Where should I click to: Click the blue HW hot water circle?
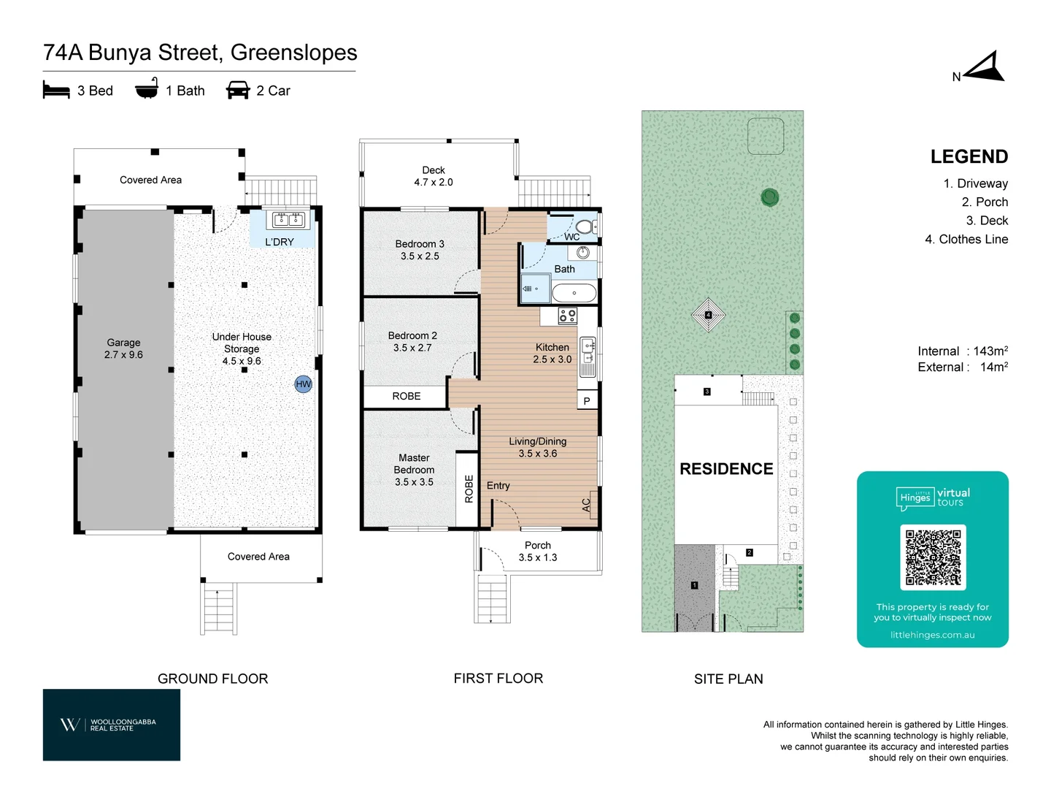click(303, 384)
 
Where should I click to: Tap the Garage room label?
click(123, 343)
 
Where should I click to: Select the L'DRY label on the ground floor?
click(280, 242)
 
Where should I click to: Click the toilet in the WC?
click(586, 226)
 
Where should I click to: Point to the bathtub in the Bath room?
click(574, 294)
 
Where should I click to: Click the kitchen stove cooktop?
click(567, 316)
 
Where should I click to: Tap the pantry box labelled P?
click(587, 401)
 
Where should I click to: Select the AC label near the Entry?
click(586, 504)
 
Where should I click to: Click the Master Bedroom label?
click(414, 464)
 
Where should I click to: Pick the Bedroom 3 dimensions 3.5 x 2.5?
click(420, 256)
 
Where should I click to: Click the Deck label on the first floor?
click(434, 170)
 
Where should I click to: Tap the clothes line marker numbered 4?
click(708, 315)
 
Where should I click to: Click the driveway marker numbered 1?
click(694, 585)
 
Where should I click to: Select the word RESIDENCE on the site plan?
click(726, 469)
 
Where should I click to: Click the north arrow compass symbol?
click(986, 68)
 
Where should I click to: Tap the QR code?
click(933, 557)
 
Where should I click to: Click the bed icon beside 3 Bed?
click(56, 91)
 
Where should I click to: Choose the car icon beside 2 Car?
click(238, 91)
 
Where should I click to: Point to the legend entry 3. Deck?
click(987, 221)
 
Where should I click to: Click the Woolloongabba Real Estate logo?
click(112, 725)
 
